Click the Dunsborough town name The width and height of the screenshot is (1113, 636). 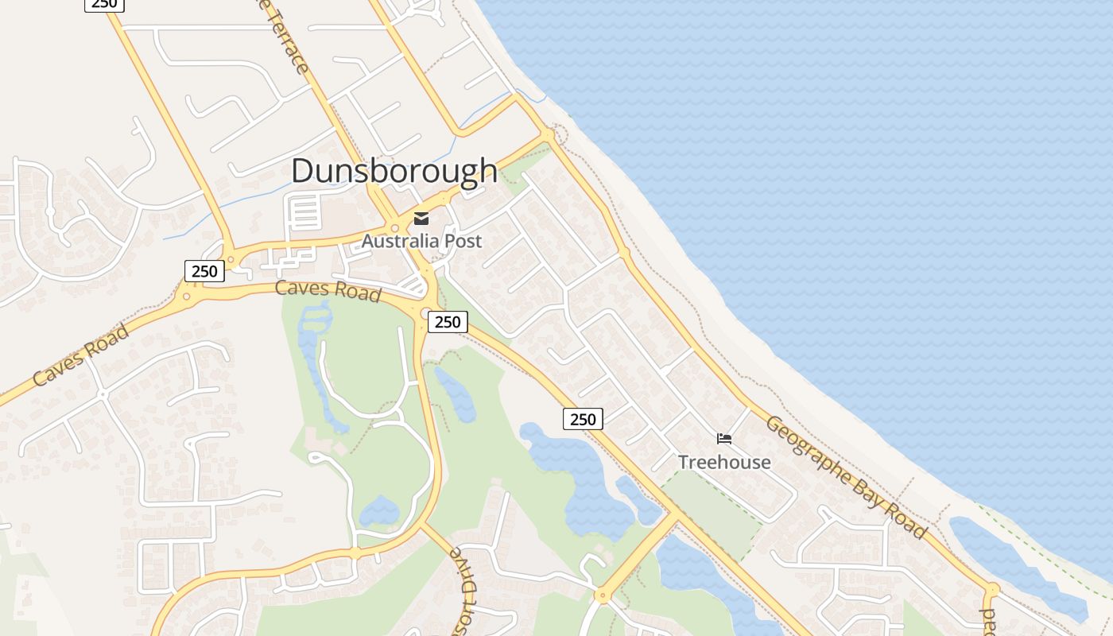point(394,171)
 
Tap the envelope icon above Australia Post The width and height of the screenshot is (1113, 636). point(421,219)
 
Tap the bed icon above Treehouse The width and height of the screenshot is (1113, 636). point(723,438)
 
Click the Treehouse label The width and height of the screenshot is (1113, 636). point(724,462)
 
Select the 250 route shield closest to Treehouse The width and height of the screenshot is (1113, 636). point(583,419)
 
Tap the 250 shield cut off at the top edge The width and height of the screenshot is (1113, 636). point(103,4)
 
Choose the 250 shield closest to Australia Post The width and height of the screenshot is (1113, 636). point(448,322)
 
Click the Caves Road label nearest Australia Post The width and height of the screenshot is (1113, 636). point(328,290)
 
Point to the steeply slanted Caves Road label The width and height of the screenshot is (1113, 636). point(81,355)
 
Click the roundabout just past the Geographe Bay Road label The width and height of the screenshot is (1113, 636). point(991,590)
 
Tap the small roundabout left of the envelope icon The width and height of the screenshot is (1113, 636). point(394,228)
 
